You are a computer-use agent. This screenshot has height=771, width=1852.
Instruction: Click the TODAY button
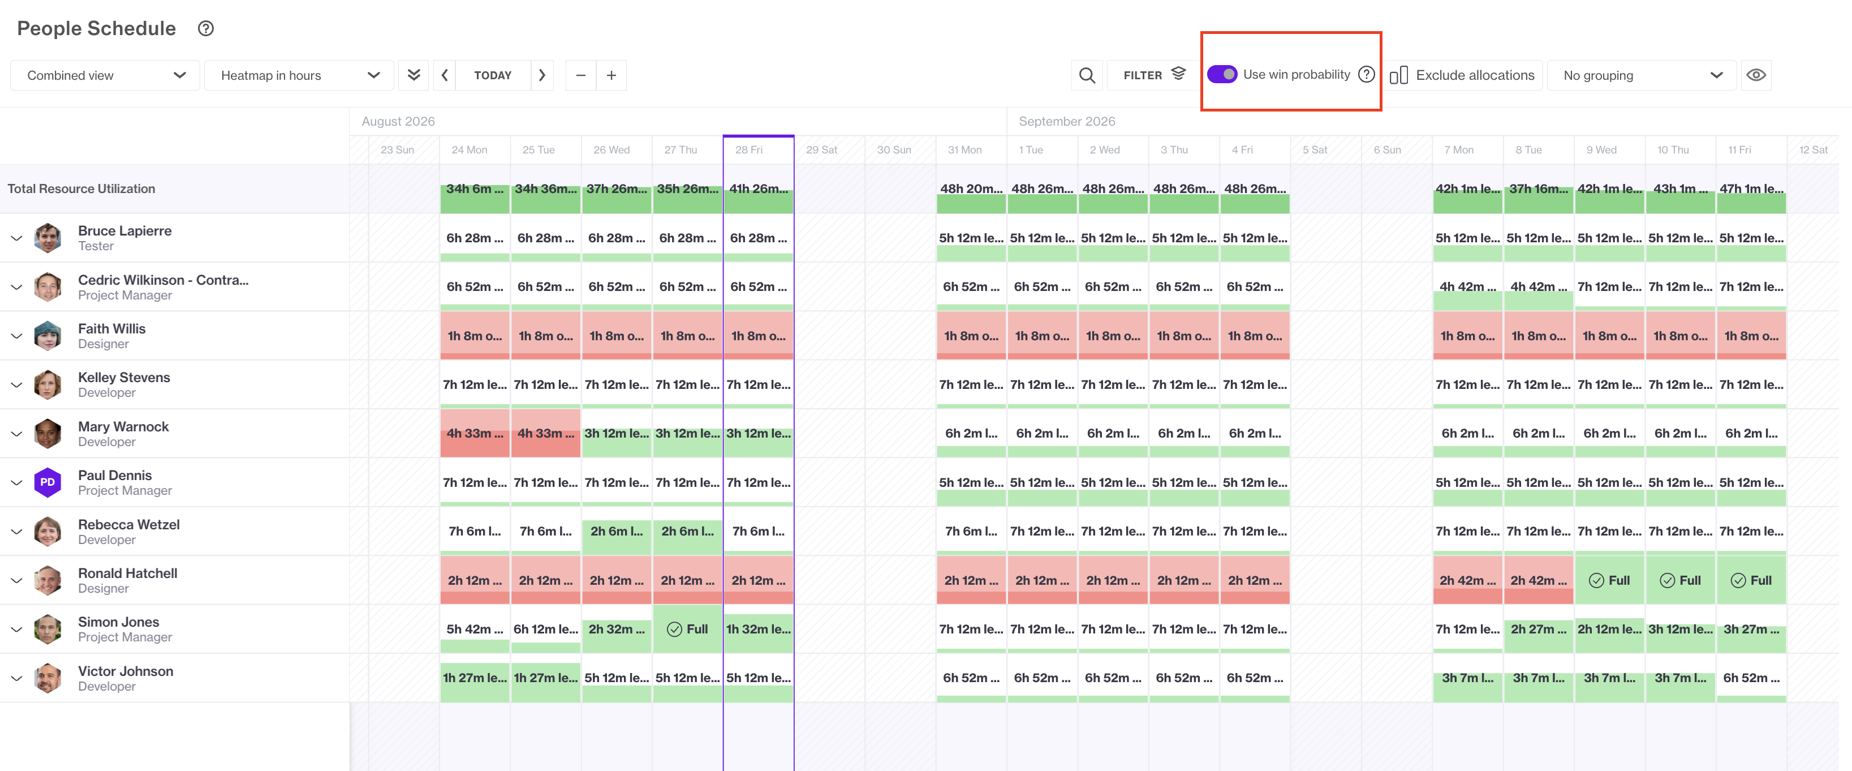(x=493, y=75)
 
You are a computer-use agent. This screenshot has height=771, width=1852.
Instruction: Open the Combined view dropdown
(x=105, y=75)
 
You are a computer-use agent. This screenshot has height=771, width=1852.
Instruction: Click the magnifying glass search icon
(x=1087, y=75)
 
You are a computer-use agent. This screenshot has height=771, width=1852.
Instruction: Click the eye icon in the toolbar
(x=1756, y=75)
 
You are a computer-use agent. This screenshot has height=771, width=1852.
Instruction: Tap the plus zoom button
(x=611, y=75)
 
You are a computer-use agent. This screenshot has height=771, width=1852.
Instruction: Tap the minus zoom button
(x=581, y=75)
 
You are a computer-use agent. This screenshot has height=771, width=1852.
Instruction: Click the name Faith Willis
(x=111, y=329)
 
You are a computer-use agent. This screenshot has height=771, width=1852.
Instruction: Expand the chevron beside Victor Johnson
(x=16, y=678)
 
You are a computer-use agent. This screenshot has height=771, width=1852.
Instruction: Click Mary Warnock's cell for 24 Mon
(x=475, y=434)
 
